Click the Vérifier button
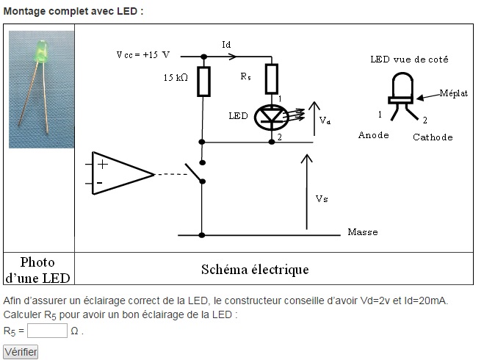click(21, 352)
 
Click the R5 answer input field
click(47, 331)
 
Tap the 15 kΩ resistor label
click(179, 77)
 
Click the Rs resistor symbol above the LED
click(271, 79)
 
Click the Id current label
click(227, 45)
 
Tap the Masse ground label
click(362, 232)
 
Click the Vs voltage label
click(322, 199)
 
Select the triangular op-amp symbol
click(120, 174)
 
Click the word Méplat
click(453, 93)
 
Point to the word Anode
click(373, 135)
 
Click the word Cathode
click(433, 137)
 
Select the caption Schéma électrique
click(255, 270)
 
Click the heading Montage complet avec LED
click(73, 12)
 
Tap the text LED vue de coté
click(408, 59)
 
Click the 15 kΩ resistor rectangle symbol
click(203, 82)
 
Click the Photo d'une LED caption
click(37, 270)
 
